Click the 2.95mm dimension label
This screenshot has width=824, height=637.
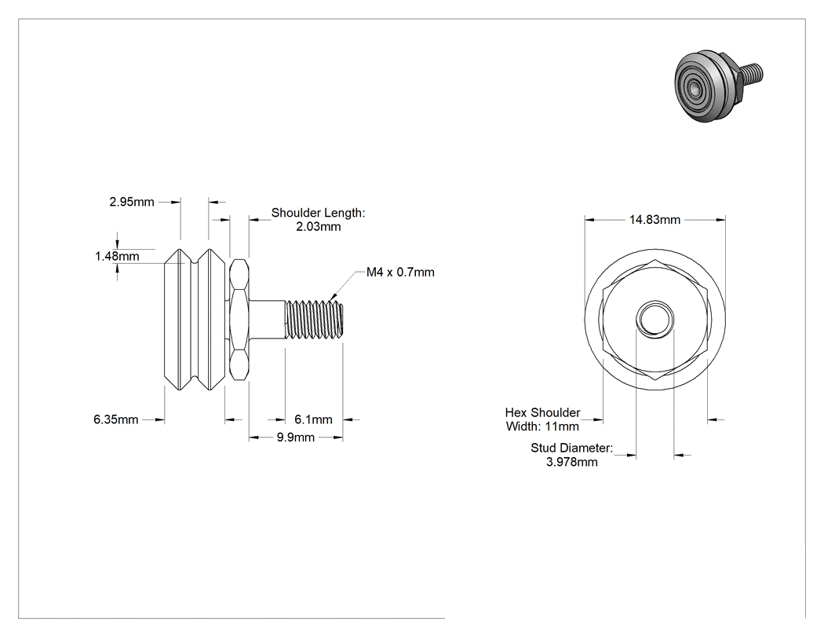click(131, 201)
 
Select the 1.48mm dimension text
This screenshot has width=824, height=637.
click(117, 256)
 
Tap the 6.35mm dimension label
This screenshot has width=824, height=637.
click(115, 419)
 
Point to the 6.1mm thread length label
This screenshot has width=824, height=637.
click(313, 419)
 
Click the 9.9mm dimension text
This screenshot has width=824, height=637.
click(295, 437)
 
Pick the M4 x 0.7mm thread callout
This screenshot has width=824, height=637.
click(400, 272)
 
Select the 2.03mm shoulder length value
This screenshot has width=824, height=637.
click(319, 227)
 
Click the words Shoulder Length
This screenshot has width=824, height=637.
click(318, 213)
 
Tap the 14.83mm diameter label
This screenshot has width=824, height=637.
click(654, 219)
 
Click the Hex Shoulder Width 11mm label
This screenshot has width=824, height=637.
click(542, 419)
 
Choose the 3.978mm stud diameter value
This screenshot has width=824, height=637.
click(572, 462)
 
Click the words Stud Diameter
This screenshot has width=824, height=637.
click(572, 448)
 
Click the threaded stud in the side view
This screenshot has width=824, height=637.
click(314, 320)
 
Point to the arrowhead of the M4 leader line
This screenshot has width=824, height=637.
click(330, 300)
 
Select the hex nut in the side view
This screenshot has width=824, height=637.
click(239, 320)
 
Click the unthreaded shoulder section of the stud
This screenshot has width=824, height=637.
click(267, 320)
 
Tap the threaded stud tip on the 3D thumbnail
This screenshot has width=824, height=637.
click(753, 71)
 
